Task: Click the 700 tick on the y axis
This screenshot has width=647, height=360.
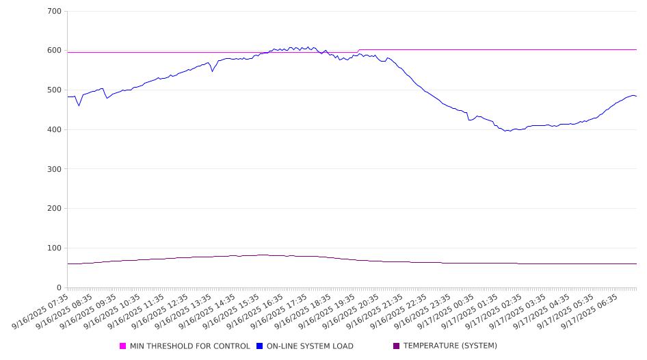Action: [55, 11]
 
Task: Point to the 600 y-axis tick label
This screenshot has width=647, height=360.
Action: [55, 51]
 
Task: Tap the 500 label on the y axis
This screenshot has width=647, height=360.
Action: [55, 90]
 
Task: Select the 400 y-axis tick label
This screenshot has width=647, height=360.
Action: [55, 129]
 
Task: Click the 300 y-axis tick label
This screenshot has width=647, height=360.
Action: [55, 169]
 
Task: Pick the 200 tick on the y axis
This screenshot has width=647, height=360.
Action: [55, 209]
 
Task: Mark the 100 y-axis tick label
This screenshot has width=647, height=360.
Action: [55, 248]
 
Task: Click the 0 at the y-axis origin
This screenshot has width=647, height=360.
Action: [60, 287]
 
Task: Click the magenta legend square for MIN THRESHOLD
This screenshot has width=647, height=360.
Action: [123, 346]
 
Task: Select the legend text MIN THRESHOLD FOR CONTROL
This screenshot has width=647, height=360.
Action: [189, 346]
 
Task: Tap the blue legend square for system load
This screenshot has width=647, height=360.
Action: [260, 346]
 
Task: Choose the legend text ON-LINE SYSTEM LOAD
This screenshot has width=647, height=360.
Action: [310, 346]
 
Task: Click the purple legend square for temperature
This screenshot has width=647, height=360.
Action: [397, 346]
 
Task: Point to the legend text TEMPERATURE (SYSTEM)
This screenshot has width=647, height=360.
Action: [450, 346]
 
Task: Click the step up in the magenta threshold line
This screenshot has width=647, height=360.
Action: [359, 51]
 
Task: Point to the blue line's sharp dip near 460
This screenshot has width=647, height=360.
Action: [79, 105]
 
